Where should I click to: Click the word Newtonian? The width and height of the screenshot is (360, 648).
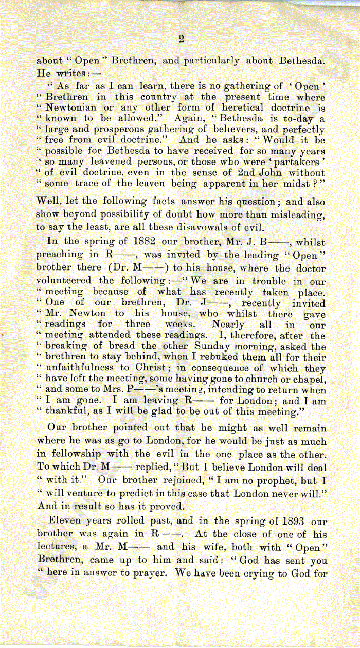[70, 108]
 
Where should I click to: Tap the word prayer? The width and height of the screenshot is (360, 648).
[146, 573]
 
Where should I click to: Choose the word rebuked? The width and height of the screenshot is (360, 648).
[220, 357]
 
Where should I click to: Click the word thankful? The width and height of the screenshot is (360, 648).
[66, 411]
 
